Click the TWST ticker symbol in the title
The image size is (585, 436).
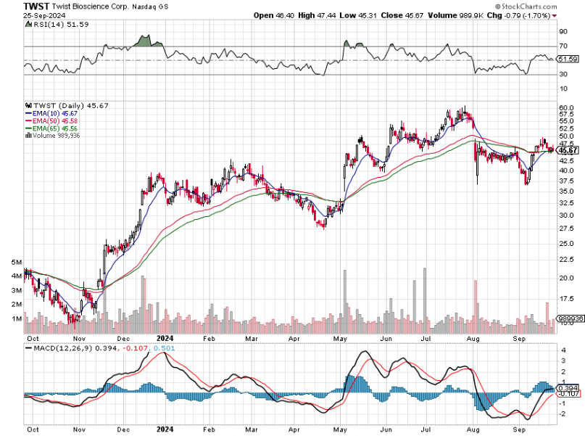36,5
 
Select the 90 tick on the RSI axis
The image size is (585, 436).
562,32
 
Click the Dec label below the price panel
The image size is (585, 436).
124,338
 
